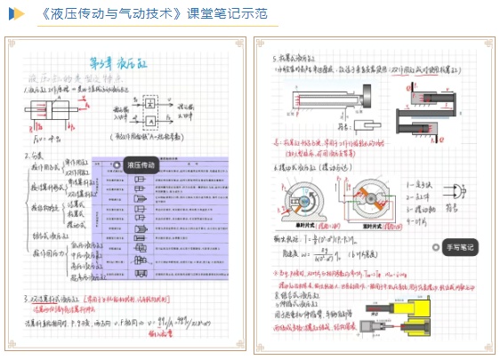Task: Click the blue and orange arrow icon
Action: tap(17, 13)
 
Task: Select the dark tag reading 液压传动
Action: tap(141, 165)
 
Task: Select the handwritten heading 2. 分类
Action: tap(40, 157)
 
